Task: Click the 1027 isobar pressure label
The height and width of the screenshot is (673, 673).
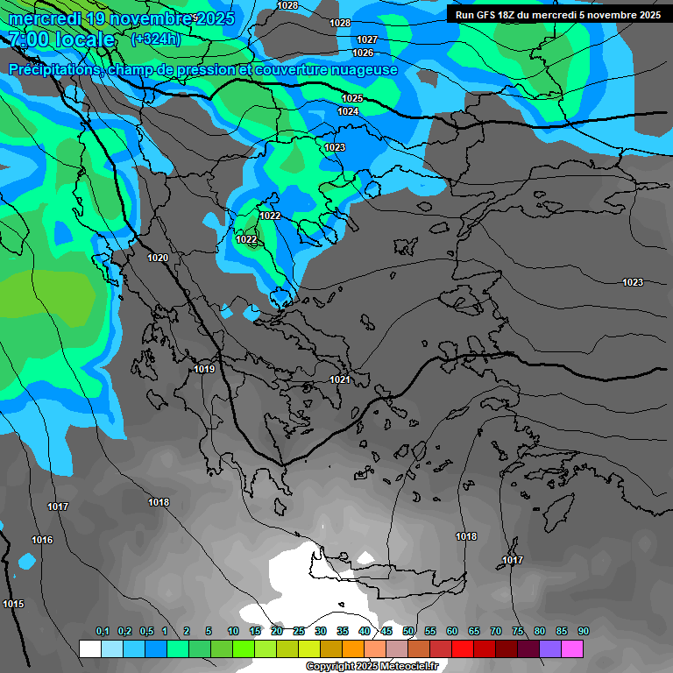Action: coord(367,40)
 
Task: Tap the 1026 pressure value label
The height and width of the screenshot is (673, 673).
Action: coord(363,53)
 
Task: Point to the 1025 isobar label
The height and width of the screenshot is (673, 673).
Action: coord(352,98)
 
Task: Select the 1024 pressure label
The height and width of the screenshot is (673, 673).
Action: coord(348,111)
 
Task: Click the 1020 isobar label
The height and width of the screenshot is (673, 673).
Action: coord(158,258)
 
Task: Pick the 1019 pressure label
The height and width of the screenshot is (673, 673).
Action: coord(204,370)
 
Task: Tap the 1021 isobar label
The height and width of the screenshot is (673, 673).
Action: coord(340,379)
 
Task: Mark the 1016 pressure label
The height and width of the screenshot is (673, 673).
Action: coord(42,540)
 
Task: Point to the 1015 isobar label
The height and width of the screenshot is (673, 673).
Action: coord(13,604)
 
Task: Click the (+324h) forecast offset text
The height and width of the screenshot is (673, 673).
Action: coord(155,39)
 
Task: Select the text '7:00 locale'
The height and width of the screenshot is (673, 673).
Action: coord(61,39)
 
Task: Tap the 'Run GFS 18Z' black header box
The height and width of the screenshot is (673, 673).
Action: coord(556,15)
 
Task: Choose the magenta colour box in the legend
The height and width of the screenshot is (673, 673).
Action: coord(572,648)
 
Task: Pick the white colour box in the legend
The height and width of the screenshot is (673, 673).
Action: coord(89,648)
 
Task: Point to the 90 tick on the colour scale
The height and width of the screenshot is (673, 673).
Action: coord(583,632)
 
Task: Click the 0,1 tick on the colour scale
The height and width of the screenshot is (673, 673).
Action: coord(102,632)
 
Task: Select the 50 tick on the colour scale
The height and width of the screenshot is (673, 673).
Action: coord(408,632)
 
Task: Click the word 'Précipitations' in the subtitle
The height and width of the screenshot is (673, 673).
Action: coord(53,70)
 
